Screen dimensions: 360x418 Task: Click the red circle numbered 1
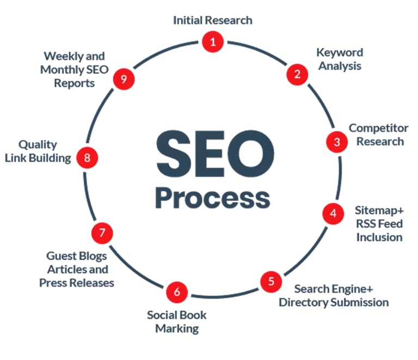(x=212, y=41)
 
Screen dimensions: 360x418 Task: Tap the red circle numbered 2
(x=297, y=75)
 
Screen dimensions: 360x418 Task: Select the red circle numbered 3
(x=337, y=142)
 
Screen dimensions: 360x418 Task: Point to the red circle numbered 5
(x=271, y=282)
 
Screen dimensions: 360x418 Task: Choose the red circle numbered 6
(x=177, y=292)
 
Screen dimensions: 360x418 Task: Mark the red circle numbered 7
(x=102, y=233)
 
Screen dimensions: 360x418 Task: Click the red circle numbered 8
(x=87, y=158)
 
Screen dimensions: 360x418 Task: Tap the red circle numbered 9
(x=124, y=80)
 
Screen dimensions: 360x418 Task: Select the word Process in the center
(x=212, y=198)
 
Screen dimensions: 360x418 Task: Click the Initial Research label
(x=213, y=20)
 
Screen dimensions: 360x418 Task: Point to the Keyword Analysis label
(x=340, y=59)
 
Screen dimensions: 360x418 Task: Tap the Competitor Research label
(x=378, y=135)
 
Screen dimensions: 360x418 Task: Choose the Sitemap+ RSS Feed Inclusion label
(x=379, y=223)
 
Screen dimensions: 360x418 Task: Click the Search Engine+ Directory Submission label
(x=334, y=295)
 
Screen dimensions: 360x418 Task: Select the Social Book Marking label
(x=177, y=322)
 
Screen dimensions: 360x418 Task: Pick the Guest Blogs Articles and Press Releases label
(x=77, y=269)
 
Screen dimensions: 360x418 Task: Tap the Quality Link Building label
(x=38, y=151)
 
